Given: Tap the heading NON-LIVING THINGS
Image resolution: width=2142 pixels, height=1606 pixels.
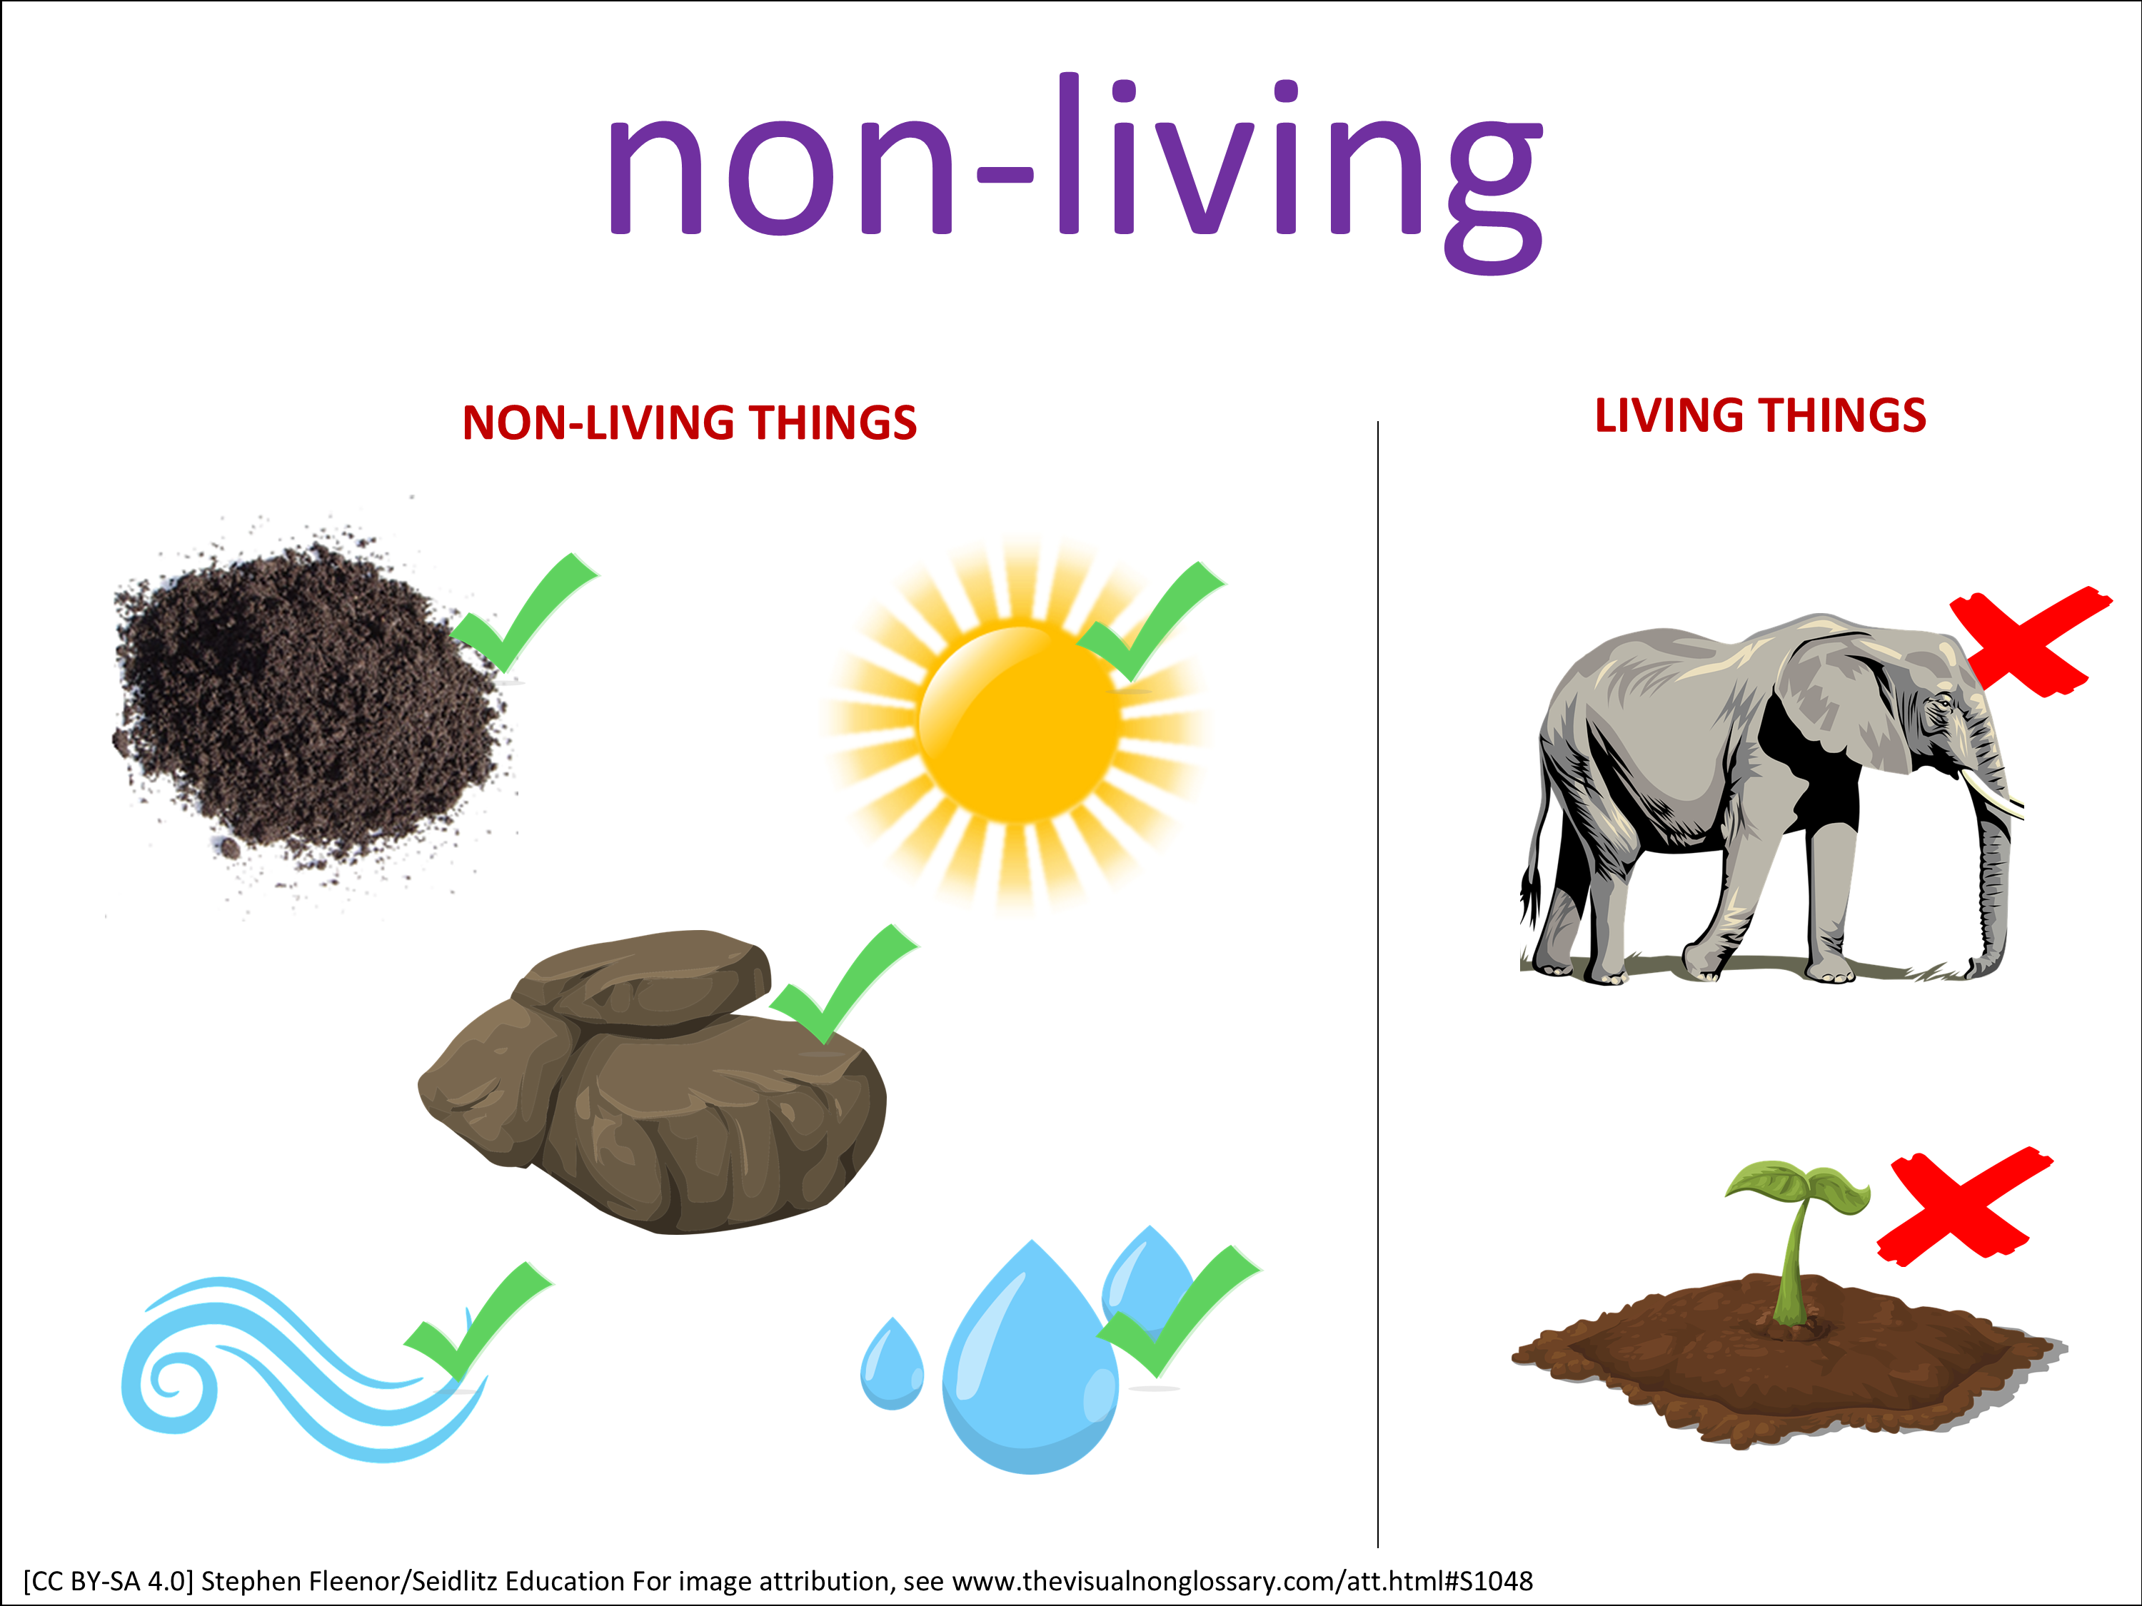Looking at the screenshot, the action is (x=690, y=423).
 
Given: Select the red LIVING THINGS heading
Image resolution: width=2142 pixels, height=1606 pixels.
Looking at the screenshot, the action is (x=1761, y=415).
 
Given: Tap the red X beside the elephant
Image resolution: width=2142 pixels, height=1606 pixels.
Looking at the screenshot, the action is (x=2028, y=641).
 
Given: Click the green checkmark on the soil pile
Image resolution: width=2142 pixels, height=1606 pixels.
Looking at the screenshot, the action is (x=523, y=614).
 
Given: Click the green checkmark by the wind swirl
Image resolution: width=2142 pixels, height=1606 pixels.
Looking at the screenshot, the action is (x=478, y=1321).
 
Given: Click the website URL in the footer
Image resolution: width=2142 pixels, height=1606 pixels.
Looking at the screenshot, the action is (x=1242, y=1581).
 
